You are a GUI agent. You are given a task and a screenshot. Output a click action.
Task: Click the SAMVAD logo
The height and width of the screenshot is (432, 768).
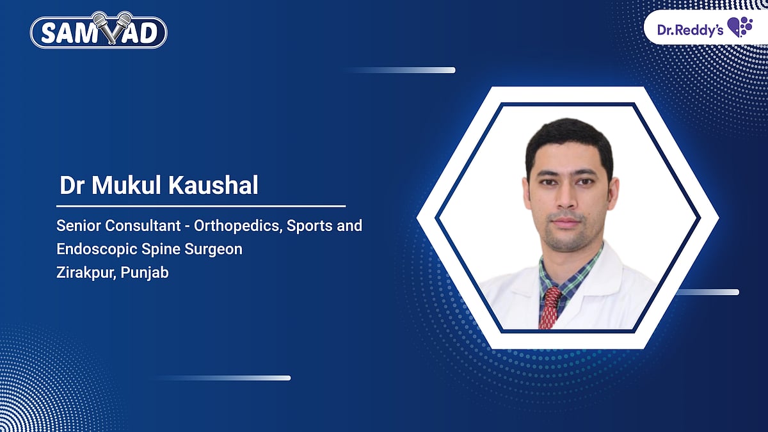point(99,31)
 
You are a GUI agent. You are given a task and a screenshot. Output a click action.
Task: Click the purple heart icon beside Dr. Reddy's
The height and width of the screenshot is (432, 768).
point(739,28)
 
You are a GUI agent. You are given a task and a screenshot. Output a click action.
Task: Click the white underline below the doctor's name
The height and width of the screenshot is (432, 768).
point(201,206)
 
